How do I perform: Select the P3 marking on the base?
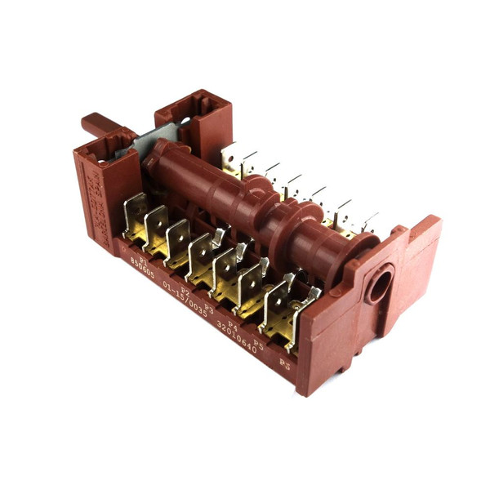pos(209,308)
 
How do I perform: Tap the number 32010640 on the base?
pos(237,337)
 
